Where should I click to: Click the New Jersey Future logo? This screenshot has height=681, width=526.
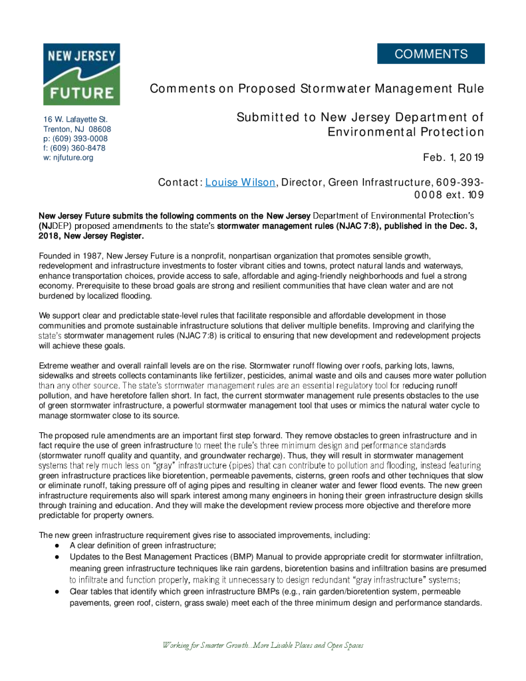81,74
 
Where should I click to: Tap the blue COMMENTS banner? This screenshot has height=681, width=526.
431,54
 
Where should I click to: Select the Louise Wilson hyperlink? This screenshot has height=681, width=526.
240,182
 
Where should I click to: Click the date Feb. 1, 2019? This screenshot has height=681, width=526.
454,158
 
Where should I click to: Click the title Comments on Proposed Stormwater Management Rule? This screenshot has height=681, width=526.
317,89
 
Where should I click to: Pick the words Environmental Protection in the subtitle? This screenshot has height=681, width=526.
406,132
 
